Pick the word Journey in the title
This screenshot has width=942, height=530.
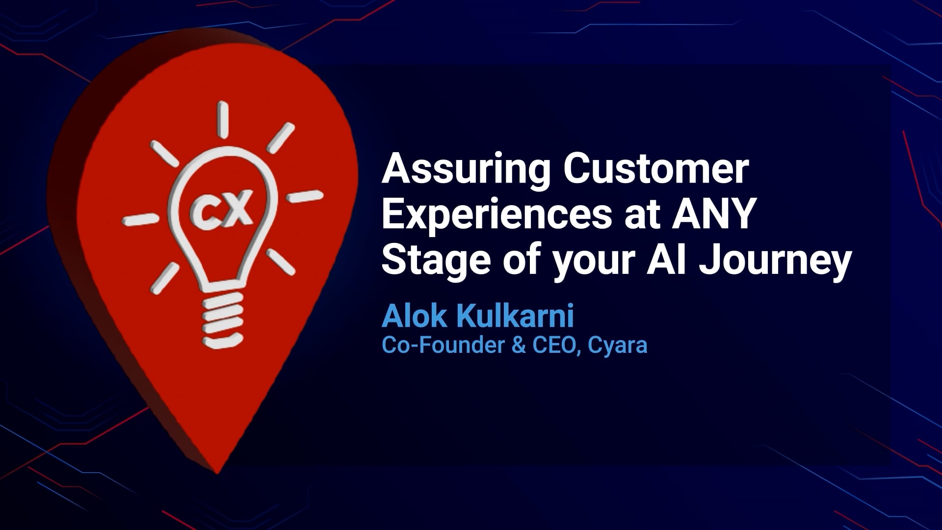click(x=775, y=263)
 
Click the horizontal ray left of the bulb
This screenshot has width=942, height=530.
click(x=139, y=219)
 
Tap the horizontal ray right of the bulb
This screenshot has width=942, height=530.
click(x=305, y=196)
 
